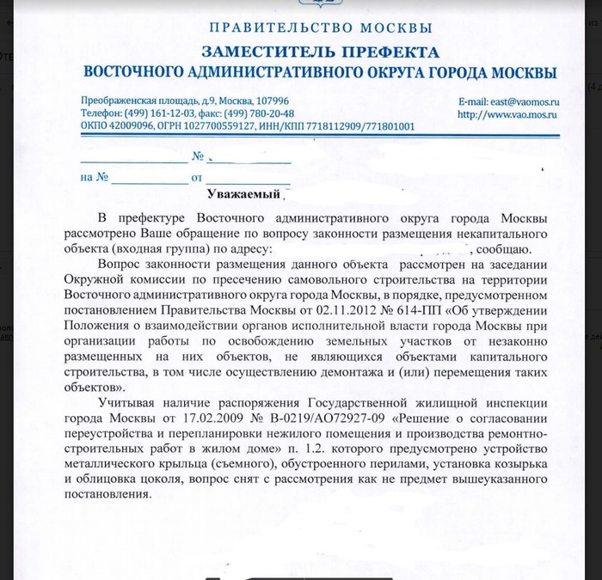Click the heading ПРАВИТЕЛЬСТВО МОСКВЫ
point(316,27)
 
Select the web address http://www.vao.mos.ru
point(507,113)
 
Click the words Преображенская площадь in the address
point(135,101)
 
